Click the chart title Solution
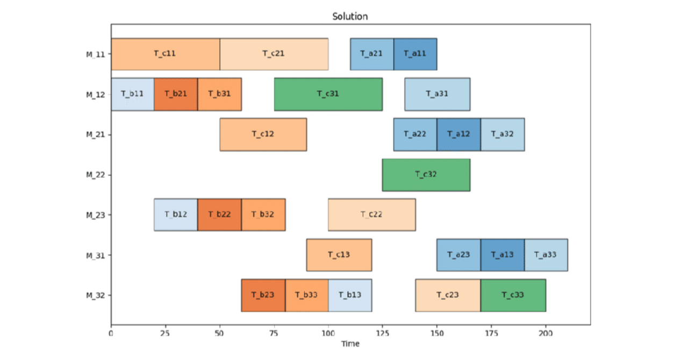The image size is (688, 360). pos(350,16)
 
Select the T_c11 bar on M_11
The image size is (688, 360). pos(165,54)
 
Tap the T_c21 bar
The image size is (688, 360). pos(274,54)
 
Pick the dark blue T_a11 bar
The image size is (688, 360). pos(415,54)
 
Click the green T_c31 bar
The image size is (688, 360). pos(328,94)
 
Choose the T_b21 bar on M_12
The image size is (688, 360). pos(176,94)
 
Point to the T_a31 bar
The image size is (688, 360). pos(437,94)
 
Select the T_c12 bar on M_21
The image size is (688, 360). pos(263,134)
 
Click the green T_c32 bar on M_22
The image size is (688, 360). pos(426,175)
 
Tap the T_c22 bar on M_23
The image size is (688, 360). pos(371,215)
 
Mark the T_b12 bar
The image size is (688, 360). pos(176,215)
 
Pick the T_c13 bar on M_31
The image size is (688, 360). pos(339,255)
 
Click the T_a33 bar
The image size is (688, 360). pos(546,255)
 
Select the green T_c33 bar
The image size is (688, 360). pos(513,295)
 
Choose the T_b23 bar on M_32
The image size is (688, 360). pos(263,295)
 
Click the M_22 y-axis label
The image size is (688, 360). pos(97,175)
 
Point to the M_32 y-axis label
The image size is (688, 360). pos(97,295)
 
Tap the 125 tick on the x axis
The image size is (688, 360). pos(382,333)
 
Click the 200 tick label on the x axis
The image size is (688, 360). pos(546,333)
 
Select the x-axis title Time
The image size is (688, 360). pos(350,344)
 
